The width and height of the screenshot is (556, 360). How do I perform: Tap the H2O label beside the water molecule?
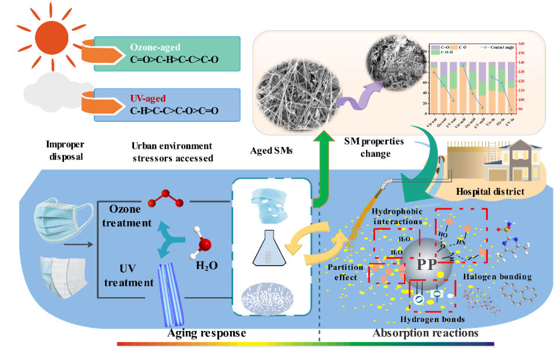pos(206,266)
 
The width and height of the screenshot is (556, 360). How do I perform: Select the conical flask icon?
pos(269,248)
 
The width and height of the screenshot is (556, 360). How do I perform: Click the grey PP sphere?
pos(427,265)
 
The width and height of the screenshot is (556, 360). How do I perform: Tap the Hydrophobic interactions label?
pos(396,216)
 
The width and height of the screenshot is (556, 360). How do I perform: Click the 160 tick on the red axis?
pos(520,43)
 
